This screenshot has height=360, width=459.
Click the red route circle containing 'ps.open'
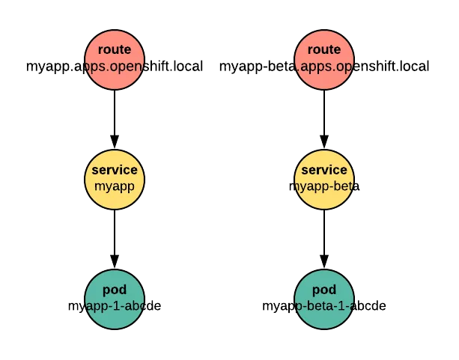114,58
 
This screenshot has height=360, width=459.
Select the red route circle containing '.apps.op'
323,58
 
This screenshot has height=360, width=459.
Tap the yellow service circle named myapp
114,179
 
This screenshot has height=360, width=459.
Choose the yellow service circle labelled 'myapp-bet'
323,179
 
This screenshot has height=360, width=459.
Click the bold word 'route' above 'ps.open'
114,50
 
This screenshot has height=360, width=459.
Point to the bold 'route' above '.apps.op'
323,50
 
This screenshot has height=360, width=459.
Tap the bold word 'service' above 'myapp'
114,171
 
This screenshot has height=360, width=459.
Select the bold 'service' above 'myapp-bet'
323,171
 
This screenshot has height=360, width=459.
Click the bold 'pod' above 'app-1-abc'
114,290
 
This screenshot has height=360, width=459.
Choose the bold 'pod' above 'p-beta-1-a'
323,290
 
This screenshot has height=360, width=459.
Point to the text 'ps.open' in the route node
114,66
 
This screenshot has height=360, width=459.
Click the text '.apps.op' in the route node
323,66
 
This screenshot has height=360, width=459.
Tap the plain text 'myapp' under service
114,186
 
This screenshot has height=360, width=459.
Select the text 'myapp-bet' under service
323,186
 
